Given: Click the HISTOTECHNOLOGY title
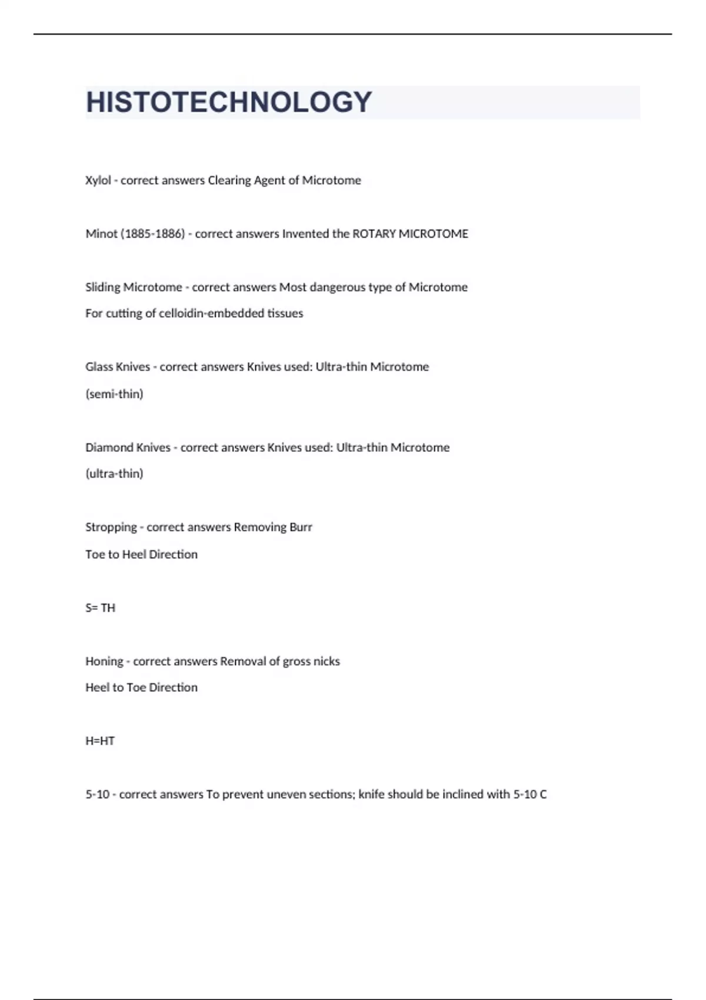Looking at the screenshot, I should (229, 102).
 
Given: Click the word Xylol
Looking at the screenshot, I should (98, 180).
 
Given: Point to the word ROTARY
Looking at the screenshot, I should (374, 234).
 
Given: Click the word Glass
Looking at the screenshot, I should (101, 366).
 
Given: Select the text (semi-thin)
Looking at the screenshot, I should (114, 394).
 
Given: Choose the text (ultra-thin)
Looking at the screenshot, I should (114, 474).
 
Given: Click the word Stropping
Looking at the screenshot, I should (111, 527).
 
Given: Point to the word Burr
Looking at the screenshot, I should (301, 527).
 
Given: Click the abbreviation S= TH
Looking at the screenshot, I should (100, 608).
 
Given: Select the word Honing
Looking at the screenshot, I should (104, 661).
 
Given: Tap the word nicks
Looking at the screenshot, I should (327, 661).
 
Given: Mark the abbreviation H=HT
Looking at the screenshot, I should (100, 741).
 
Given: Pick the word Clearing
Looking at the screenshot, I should (229, 180).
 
